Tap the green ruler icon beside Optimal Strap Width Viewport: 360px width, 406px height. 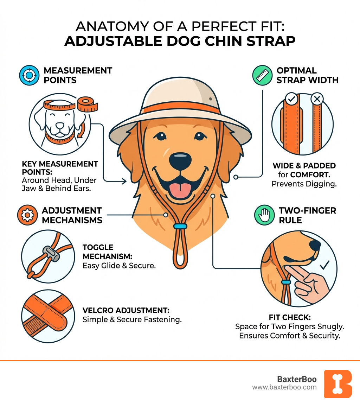(x=263, y=75)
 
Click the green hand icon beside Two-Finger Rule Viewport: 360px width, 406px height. (x=264, y=215)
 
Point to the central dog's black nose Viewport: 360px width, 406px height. (x=180, y=160)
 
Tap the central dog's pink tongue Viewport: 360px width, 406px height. (x=180, y=190)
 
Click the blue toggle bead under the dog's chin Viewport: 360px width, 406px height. (x=180, y=226)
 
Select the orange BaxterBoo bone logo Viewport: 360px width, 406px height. (x=338, y=384)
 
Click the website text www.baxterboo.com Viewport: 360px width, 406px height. (x=284, y=387)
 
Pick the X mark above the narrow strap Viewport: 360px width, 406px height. (x=317, y=99)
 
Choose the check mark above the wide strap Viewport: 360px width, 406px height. (x=291, y=99)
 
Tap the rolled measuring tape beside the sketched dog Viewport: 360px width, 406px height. (x=86, y=104)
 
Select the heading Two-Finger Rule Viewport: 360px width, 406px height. (x=307, y=215)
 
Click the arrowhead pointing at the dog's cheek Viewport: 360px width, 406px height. (x=124, y=182)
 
